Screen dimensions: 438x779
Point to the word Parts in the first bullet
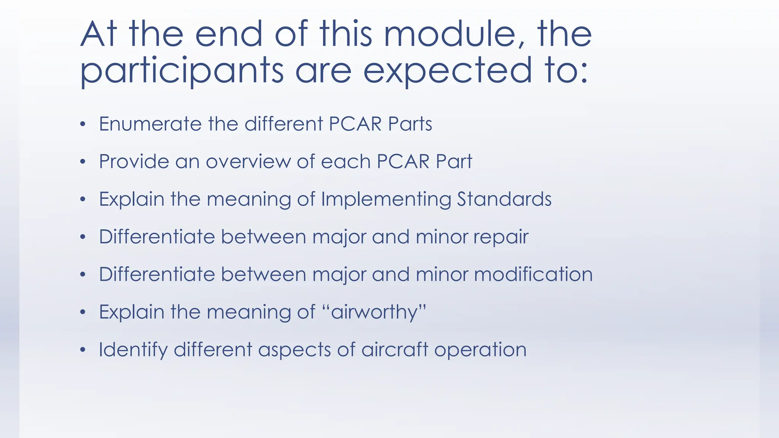(x=410, y=124)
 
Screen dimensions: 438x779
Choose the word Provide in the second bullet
(x=134, y=162)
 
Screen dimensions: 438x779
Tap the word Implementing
(x=386, y=199)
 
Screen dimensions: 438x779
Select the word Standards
(x=504, y=199)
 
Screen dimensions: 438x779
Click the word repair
(x=501, y=237)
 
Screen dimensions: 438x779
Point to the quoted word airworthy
(x=374, y=313)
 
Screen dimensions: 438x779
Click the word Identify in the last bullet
(x=133, y=350)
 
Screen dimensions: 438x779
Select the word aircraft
(x=394, y=350)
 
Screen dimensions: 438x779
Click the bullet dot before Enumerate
(x=83, y=124)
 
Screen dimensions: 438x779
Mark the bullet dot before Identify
(x=83, y=350)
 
